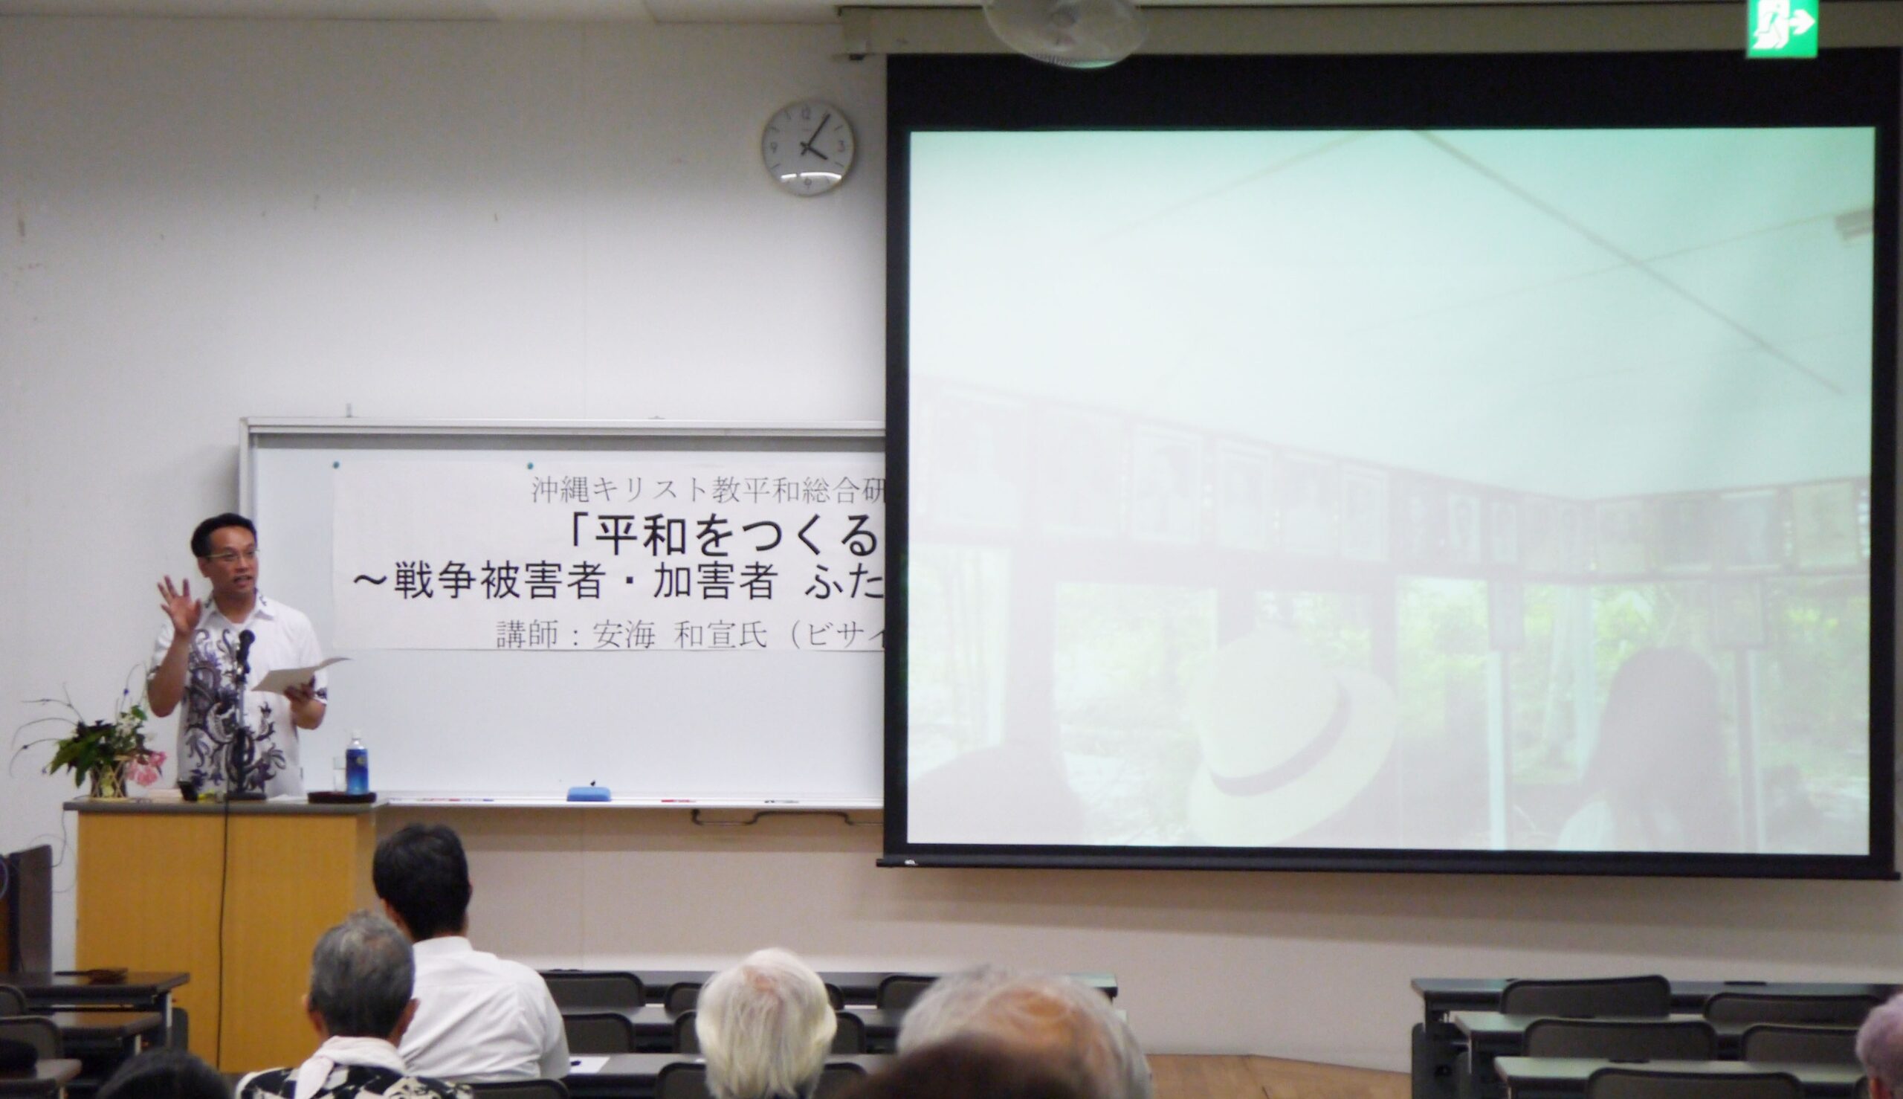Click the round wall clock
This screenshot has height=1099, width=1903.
(808, 149)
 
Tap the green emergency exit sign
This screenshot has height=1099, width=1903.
(1782, 28)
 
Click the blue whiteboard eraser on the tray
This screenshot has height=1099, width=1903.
(589, 793)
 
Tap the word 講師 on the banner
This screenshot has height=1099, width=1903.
(527, 635)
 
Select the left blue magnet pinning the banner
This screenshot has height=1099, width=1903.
(336, 465)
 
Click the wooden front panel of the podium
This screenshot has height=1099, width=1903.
(227, 929)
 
